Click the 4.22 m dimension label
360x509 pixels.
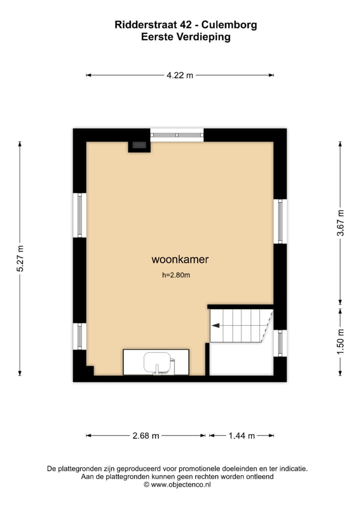(x=179, y=75)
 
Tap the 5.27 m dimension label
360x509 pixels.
(x=20, y=258)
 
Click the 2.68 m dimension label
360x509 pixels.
(x=145, y=435)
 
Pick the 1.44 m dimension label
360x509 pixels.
(x=241, y=435)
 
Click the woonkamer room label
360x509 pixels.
(x=179, y=259)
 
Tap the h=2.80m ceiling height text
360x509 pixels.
(x=176, y=274)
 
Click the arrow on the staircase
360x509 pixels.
(x=216, y=325)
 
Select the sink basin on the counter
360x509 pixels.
(x=157, y=362)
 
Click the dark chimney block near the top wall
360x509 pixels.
(x=139, y=145)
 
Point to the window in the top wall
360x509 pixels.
(x=177, y=134)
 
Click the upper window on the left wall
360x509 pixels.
(x=79, y=215)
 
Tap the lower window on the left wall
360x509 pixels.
(x=79, y=336)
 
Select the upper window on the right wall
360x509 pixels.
(x=280, y=221)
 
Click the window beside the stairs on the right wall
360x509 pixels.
(x=280, y=343)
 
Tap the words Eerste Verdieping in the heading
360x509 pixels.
(x=185, y=37)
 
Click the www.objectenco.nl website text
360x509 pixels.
(x=181, y=484)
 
